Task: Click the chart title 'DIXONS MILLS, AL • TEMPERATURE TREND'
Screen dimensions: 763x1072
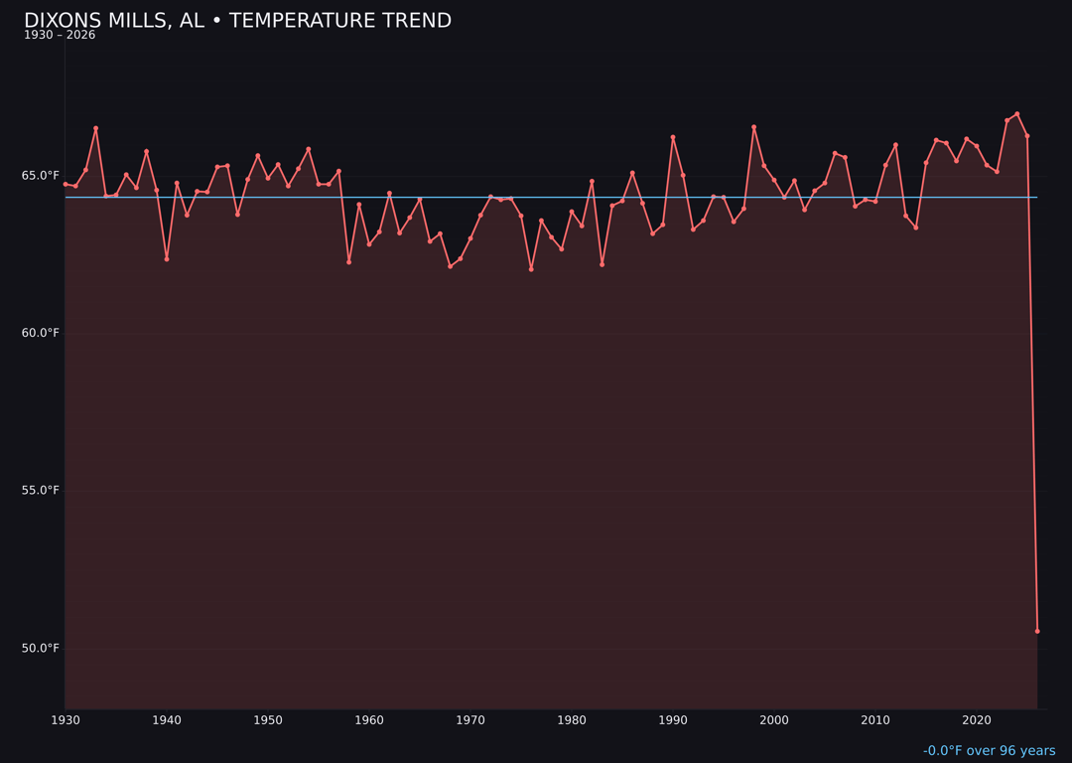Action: [x=237, y=21]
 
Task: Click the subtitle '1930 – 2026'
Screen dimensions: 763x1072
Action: [x=60, y=36]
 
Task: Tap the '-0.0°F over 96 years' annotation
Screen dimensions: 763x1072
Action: [x=989, y=751]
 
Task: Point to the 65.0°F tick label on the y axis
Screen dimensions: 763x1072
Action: [x=41, y=176]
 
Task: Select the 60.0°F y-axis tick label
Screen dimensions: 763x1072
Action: [x=41, y=333]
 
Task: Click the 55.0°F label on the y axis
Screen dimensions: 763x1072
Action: [x=41, y=491]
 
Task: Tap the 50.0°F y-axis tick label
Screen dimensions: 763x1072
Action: [x=41, y=649]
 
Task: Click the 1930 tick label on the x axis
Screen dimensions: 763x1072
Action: [x=66, y=720]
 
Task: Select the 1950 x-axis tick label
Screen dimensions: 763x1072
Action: [x=268, y=720]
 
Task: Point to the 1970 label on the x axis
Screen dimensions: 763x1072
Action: [x=470, y=720]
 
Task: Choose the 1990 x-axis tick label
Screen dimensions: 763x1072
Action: [x=673, y=720]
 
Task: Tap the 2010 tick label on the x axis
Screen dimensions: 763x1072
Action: [x=875, y=720]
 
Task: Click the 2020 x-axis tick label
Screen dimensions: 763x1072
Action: [x=977, y=720]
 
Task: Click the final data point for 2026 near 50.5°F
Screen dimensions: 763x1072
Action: [x=1037, y=631]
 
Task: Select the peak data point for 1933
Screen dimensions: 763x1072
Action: [x=96, y=128]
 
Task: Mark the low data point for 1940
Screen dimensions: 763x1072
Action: [x=167, y=259]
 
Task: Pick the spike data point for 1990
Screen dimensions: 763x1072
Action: [x=673, y=137]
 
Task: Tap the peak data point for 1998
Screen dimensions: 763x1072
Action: [x=753, y=127]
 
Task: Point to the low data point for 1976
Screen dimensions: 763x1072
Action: [x=531, y=269]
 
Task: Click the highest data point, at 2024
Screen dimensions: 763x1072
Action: [x=1017, y=114]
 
